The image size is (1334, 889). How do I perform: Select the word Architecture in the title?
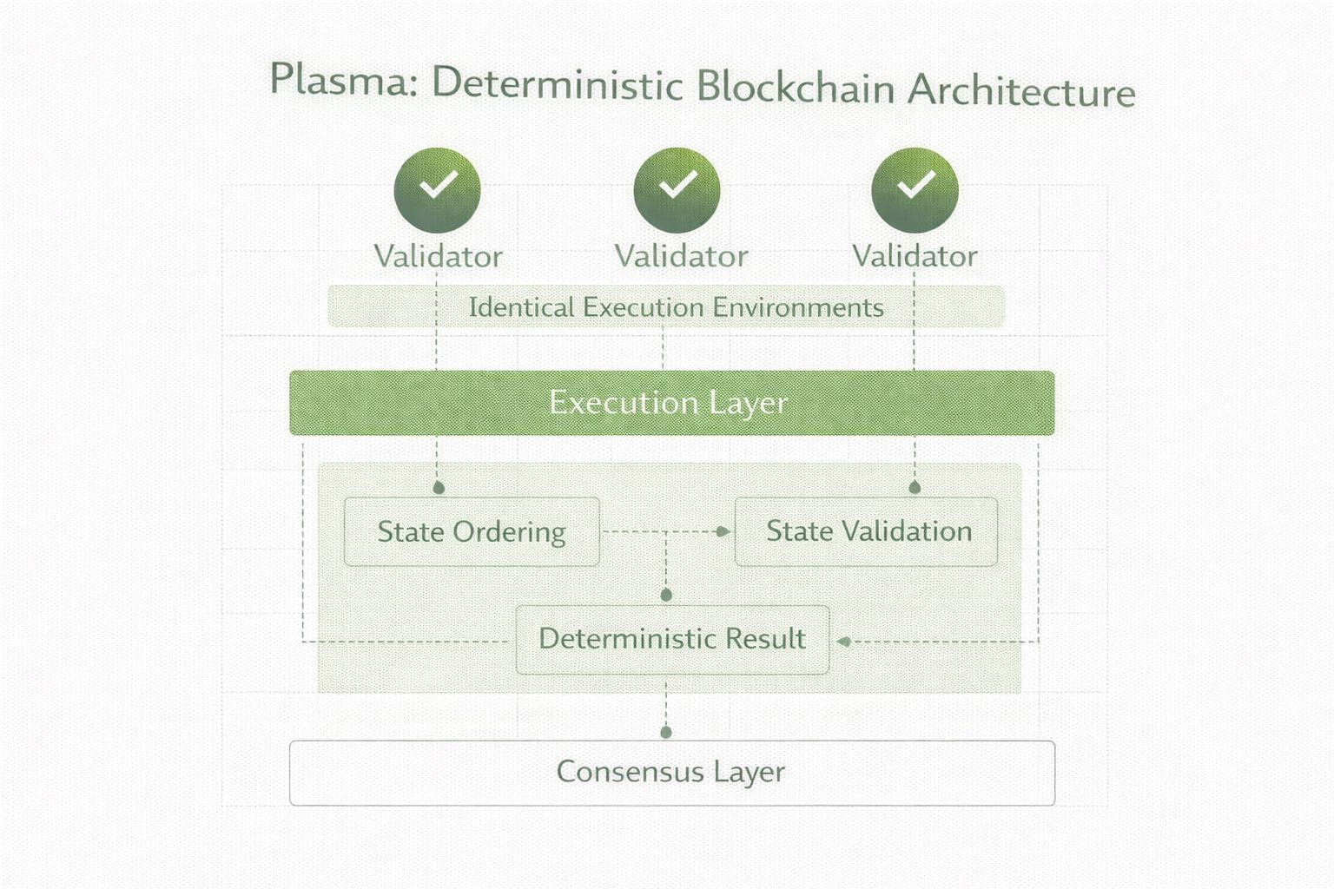coord(1021,90)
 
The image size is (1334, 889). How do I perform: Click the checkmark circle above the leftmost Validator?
coord(437,190)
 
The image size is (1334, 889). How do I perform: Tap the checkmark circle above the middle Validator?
coord(677,190)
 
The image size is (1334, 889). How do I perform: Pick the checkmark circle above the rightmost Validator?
coord(915,190)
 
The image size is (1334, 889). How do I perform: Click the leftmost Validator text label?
coord(439,257)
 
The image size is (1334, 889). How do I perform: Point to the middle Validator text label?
coord(681,257)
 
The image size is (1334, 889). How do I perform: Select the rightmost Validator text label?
coord(915,256)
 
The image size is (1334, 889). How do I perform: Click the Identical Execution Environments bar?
coord(666,306)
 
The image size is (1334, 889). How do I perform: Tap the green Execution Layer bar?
coord(671,403)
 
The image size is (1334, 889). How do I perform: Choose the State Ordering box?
coord(472,531)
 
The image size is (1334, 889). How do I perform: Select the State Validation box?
coord(867,531)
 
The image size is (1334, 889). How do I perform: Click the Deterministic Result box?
coord(672,640)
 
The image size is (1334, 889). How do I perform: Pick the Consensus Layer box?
coord(671,773)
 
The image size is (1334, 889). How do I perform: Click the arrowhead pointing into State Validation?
coord(723,531)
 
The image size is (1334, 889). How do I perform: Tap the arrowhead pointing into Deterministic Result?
coord(843,642)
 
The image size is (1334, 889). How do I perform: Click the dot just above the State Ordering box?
coord(439,488)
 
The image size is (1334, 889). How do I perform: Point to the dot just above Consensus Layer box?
coord(666,733)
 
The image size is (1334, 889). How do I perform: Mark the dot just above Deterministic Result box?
coord(666,595)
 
